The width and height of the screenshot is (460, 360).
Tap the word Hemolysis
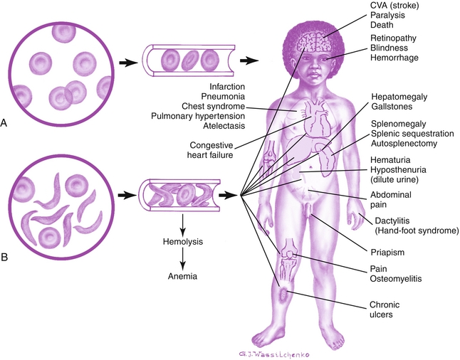point(183,242)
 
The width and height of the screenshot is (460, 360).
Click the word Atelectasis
point(224,126)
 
